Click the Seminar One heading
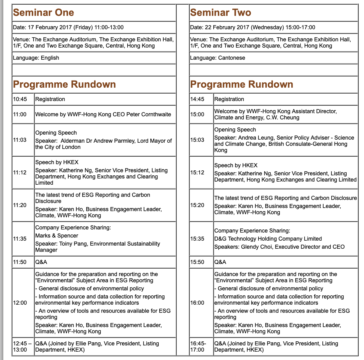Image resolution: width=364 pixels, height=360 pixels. (43, 12)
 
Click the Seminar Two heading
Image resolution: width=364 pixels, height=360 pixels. (221, 12)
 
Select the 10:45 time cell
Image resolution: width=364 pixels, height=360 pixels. (20, 99)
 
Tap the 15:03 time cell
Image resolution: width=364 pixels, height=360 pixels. (197, 140)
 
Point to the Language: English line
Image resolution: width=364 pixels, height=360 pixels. (36, 58)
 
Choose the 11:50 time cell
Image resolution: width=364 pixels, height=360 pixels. (20, 262)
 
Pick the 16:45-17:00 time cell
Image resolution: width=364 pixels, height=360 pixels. (198, 347)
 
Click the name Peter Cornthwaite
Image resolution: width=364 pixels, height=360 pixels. (149, 114)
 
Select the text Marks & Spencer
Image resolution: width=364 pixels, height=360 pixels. (57, 236)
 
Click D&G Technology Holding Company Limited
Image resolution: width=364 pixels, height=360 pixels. (268, 239)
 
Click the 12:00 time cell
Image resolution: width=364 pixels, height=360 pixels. (20, 303)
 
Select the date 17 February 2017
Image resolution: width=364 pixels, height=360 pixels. (50, 27)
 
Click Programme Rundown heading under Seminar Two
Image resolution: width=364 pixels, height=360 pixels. (242, 84)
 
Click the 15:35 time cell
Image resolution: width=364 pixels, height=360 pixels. (197, 239)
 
